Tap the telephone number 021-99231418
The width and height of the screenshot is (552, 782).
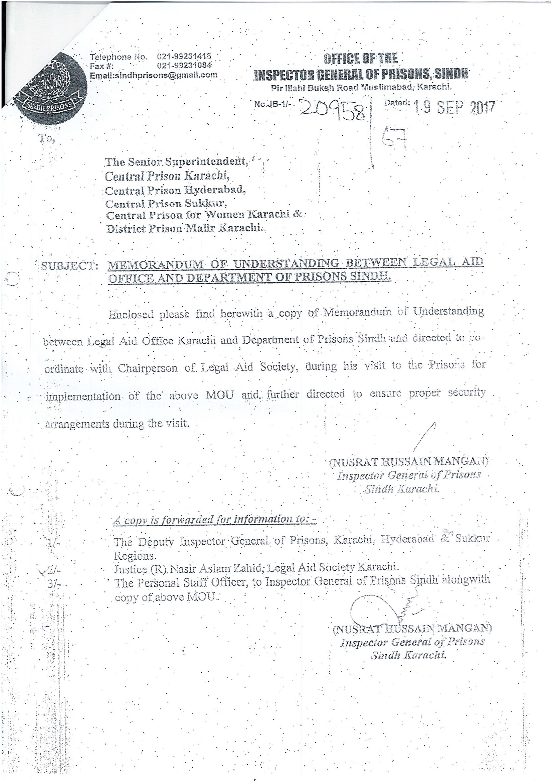(x=184, y=56)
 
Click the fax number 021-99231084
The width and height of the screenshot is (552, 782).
(x=184, y=66)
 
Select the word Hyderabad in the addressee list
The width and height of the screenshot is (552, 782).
(x=215, y=190)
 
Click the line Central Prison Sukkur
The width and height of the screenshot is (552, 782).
(x=166, y=204)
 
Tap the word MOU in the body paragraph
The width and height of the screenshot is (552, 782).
(x=219, y=395)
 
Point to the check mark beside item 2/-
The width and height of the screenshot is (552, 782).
(x=43, y=569)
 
